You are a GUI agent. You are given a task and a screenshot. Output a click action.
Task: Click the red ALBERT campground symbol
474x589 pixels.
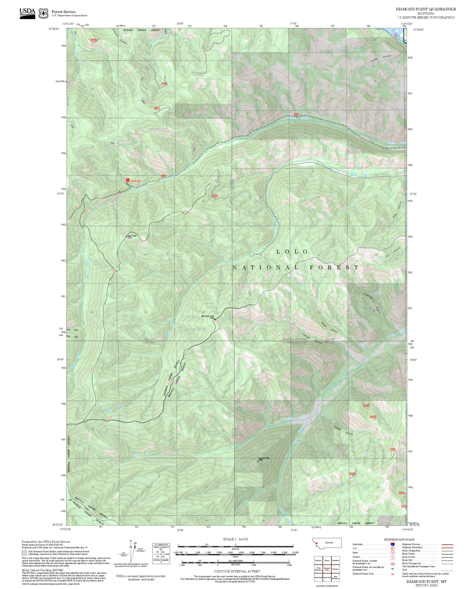(128, 180)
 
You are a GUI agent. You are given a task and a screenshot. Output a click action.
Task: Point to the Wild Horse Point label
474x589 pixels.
(208, 317)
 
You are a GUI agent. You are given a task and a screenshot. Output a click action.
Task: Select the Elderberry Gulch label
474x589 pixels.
(372, 303)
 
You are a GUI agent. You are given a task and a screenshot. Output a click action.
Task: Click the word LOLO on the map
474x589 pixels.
(292, 252)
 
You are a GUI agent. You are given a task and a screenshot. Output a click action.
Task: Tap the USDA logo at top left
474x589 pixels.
(27, 13)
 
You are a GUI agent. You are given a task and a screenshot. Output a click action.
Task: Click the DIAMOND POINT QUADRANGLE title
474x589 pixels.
(426, 9)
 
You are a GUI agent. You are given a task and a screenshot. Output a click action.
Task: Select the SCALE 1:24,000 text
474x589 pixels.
(235, 539)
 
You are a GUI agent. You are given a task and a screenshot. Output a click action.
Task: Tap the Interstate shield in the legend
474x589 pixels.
(392, 544)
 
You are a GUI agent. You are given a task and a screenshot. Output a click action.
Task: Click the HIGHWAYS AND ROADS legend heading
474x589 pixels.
(399, 539)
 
